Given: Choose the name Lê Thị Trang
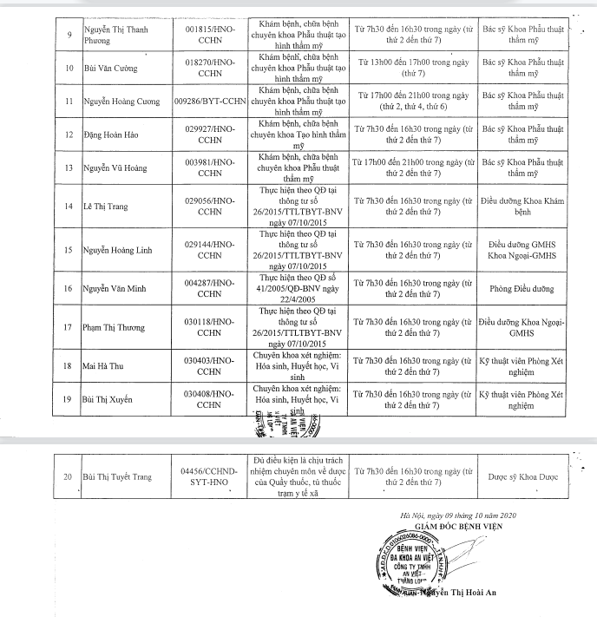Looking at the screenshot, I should (104, 206).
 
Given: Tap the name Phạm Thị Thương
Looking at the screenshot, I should (115, 328).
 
